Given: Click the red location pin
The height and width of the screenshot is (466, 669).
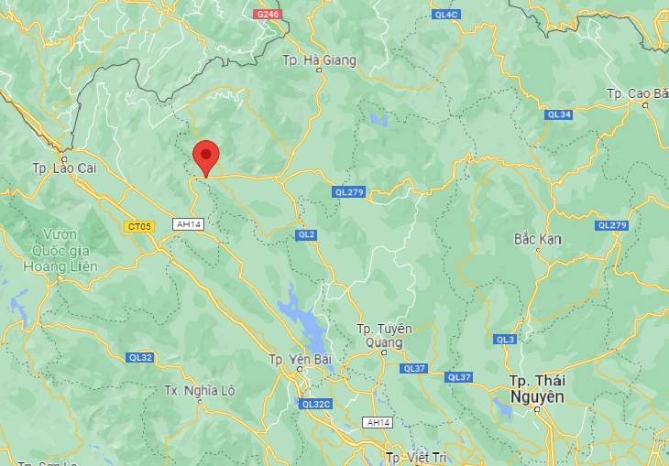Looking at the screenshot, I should coord(205,156).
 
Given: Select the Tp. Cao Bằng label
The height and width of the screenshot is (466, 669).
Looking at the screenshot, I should coord(639,94).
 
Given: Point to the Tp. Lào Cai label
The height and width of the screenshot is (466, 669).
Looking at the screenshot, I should coord(63,168).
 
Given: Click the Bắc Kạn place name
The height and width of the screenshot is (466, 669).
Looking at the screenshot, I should coord(537,239).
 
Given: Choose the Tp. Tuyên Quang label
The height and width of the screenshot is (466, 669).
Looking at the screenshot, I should coord(385,336).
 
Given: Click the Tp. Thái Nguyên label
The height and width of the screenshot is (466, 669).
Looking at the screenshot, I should coord(538,388).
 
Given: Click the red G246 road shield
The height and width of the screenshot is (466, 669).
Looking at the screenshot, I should coord(267,14).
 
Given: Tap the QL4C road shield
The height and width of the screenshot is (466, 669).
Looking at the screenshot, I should coord(446,14).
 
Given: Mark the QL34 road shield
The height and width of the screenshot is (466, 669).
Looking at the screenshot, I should coord(558,114).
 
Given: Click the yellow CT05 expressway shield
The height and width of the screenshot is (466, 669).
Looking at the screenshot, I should coord(139,225).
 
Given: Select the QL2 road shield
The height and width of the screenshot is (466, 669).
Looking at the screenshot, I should coord(306,235).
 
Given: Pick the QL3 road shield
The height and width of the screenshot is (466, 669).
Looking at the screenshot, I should coord(505,340).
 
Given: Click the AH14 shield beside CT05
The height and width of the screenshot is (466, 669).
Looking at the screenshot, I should coord(187,224).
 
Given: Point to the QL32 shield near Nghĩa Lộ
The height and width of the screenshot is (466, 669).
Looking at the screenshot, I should coord(140,357).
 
